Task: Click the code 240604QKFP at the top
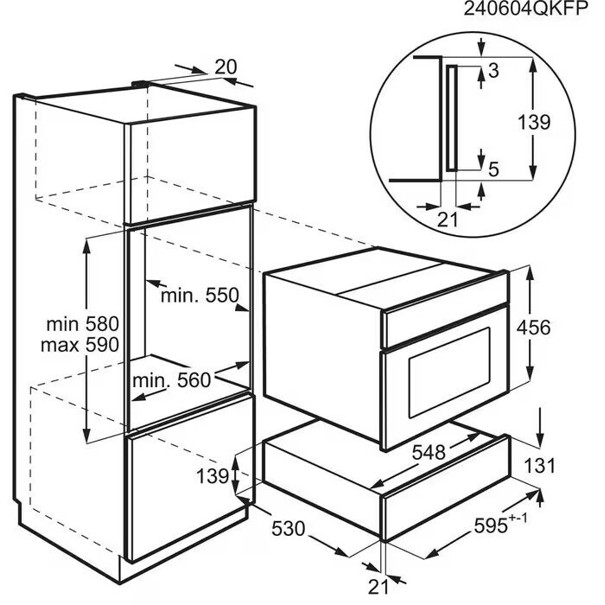[x=526, y=8]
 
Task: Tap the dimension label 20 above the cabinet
[x=226, y=67]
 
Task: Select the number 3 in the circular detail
[x=493, y=71]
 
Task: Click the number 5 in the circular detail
[x=494, y=169]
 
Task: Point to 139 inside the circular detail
[x=534, y=122]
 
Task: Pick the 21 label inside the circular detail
[x=448, y=220]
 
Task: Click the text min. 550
[x=200, y=296]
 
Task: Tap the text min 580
[x=83, y=324]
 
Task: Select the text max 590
[x=80, y=345]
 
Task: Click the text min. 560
[x=172, y=381]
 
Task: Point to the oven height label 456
[x=534, y=328]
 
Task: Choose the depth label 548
[x=429, y=452]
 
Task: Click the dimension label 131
[x=540, y=466]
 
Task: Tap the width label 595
[x=491, y=526]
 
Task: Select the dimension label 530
[x=289, y=529]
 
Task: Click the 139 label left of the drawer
[x=213, y=476]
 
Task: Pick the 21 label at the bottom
[x=378, y=587]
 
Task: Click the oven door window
[x=450, y=373]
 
